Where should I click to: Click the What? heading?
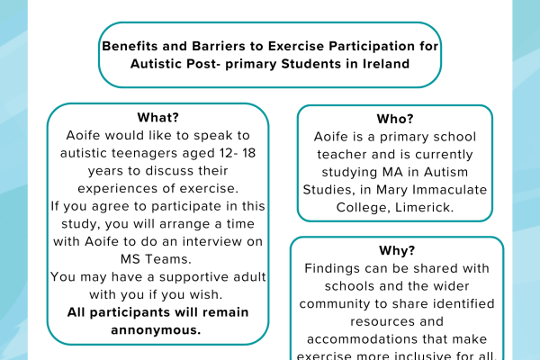157,118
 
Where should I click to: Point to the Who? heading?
395,119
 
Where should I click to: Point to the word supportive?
165,276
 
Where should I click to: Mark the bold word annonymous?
157,328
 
